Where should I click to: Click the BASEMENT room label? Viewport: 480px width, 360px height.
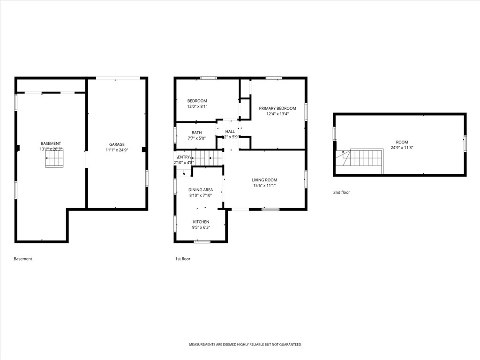(x=51, y=143)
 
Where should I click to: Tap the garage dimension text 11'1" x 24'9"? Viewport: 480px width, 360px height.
(x=117, y=150)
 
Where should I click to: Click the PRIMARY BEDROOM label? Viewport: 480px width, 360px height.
(x=277, y=108)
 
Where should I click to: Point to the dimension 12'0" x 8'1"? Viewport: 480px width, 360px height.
(x=197, y=106)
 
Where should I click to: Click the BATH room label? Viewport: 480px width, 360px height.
(x=196, y=133)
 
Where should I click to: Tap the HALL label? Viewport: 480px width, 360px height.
(x=230, y=132)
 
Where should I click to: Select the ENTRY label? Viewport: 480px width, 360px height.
(x=184, y=157)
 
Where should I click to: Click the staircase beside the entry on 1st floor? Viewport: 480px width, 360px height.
(x=208, y=158)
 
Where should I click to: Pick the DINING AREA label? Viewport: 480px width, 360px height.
(x=201, y=190)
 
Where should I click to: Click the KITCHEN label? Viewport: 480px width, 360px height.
(x=201, y=222)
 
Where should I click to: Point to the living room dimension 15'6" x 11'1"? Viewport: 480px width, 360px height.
(x=264, y=185)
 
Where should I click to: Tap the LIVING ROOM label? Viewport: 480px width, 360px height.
(x=264, y=180)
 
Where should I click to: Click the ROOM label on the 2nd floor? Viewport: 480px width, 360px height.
(x=402, y=142)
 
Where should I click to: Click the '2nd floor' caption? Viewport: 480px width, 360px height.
(x=341, y=192)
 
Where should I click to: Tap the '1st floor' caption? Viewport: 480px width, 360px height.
(x=183, y=259)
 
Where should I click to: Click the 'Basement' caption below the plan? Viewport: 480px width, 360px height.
(x=23, y=259)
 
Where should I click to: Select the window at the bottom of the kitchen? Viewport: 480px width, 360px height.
(x=202, y=241)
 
